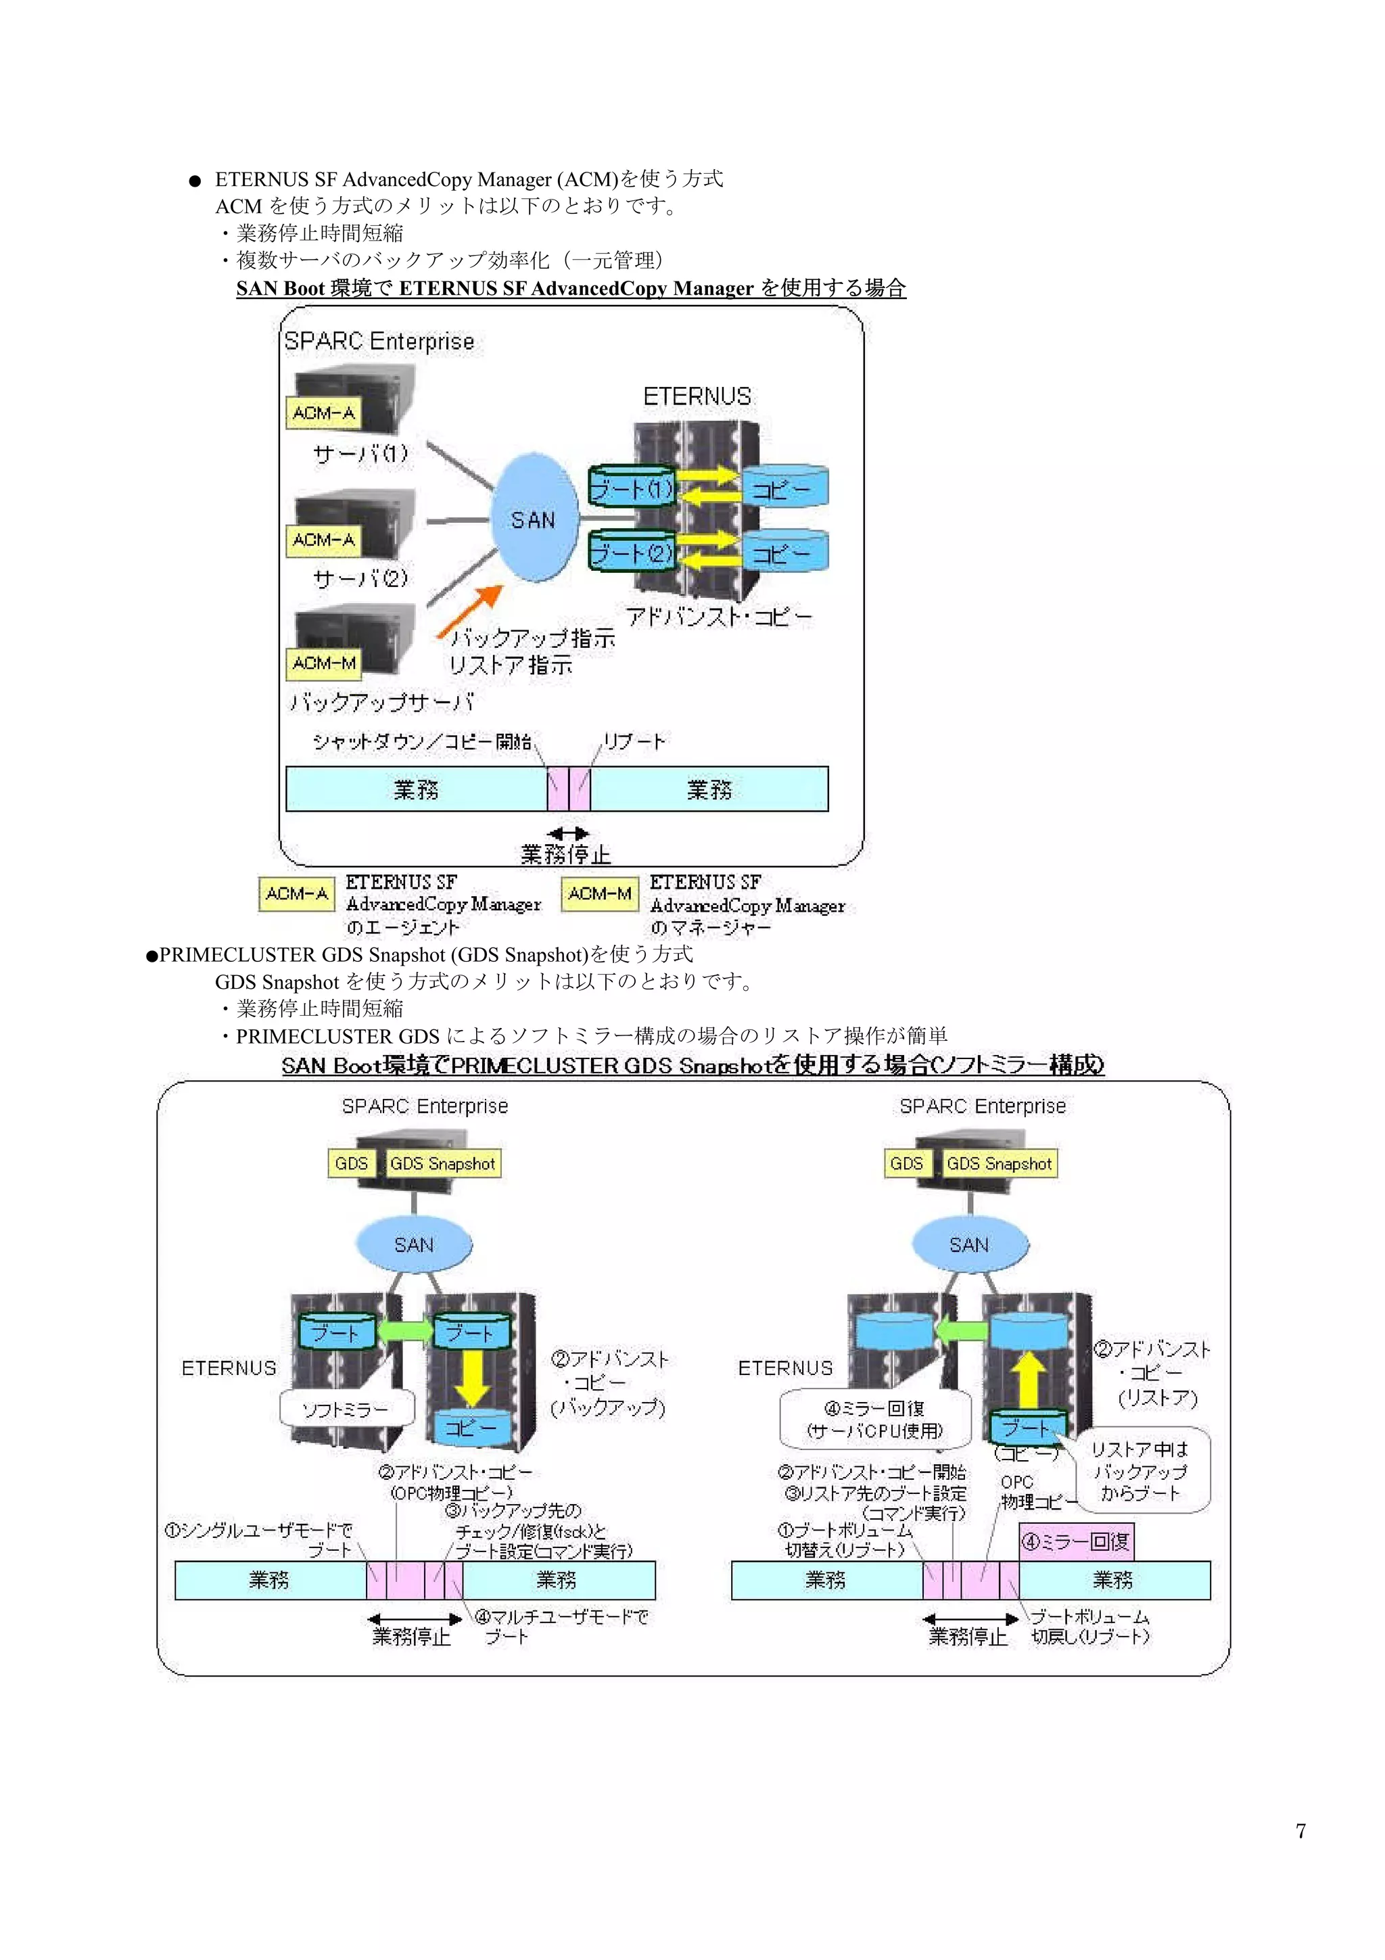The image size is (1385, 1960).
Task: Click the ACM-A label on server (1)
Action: tap(323, 413)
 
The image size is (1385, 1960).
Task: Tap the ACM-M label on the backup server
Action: tap(323, 663)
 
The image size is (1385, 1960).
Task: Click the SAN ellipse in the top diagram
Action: tap(534, 518)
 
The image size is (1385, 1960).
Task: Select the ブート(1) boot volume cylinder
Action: tap(632, 488)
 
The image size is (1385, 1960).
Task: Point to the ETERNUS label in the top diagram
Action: tap(697, 396)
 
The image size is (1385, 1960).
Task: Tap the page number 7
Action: tap(1300, 1830)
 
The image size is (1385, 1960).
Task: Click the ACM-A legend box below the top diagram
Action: tap(296, 894)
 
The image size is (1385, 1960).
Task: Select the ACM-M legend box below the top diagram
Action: tap(600, 894)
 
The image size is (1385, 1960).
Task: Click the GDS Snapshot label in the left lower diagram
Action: tap(442, 1163)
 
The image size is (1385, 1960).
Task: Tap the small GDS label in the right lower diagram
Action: tap(906, 1163)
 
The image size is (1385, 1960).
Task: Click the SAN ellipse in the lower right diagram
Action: tap(969, 1244)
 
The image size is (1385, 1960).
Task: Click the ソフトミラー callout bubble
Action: tap(346, 1409)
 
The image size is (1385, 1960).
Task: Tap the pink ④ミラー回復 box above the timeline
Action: tap(1076, 1541)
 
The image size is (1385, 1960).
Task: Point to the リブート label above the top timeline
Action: tap(634, 741)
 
